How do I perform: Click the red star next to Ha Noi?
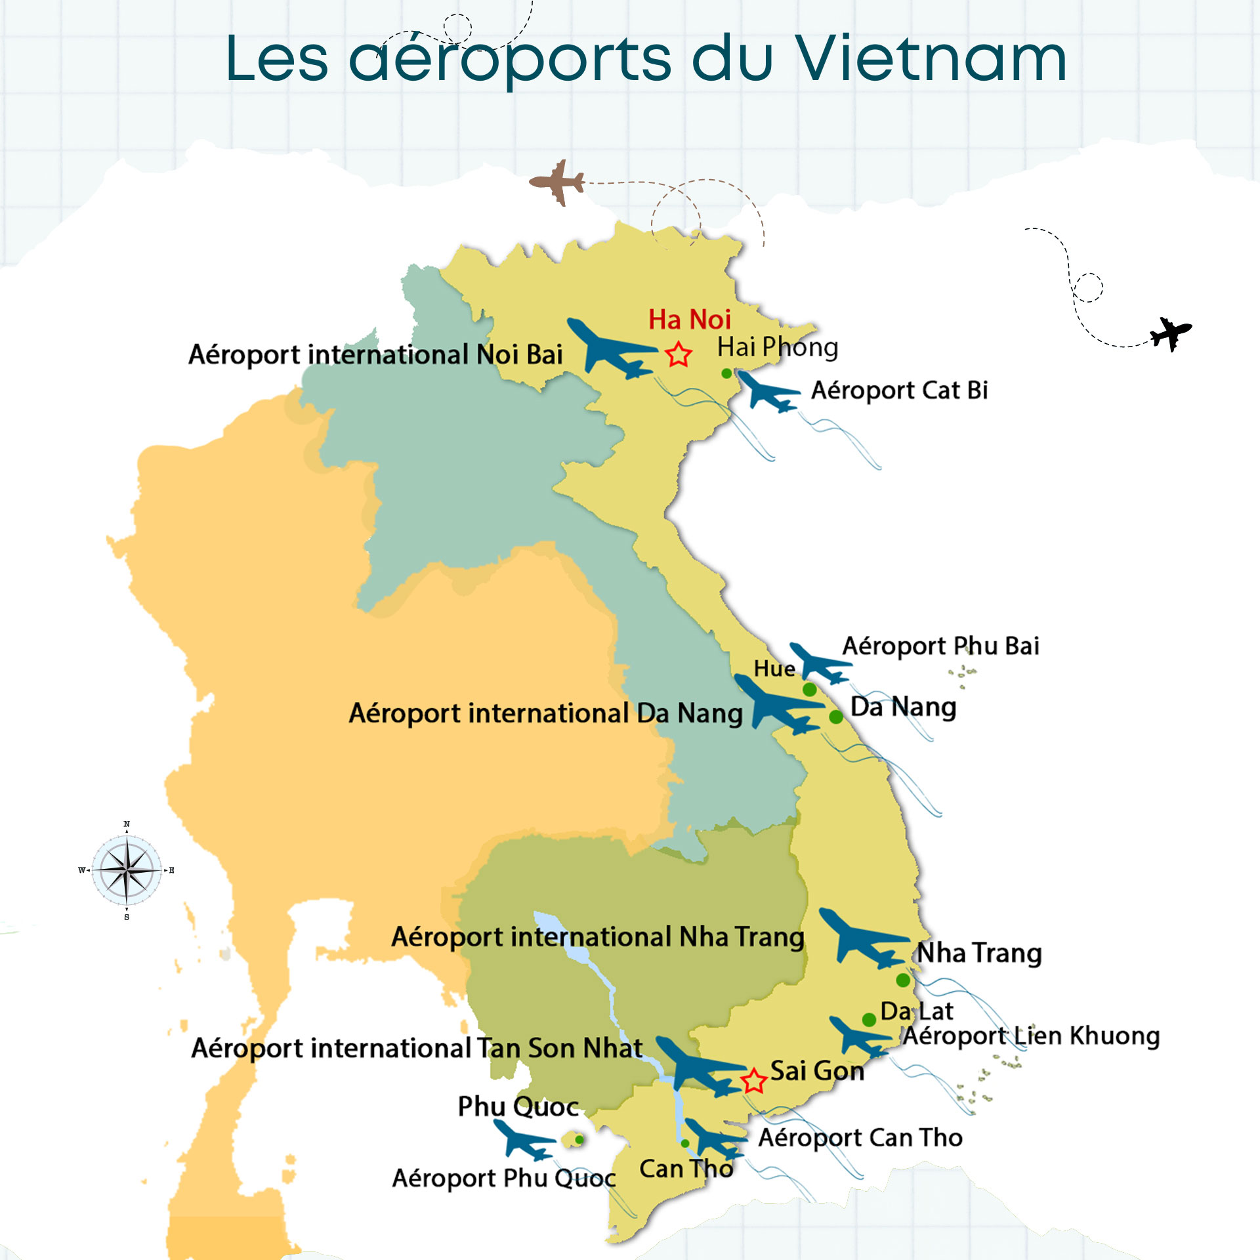pos(679,355)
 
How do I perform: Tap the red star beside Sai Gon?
pos(754,1081)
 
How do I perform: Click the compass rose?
pos(127,870)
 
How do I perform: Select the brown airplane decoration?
pos(558,182)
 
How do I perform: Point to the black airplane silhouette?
pos(1171,333)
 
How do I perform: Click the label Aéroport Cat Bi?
pos(899,390)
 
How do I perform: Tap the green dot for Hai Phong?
pos(726,373)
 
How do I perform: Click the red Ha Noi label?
pos(689,320)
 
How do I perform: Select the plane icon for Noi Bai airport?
pos(610,348)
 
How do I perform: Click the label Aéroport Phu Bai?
pos(940,646)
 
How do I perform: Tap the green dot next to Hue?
pos(810,690)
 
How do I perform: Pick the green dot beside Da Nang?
pos(836,717)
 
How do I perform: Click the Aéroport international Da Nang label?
pos(545,713)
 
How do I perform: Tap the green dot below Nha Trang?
pos(903,980)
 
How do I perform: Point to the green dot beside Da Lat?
pos(869,1019)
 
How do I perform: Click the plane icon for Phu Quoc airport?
pos(523,1139)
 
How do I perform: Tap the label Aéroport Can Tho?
pos(860,1137)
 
